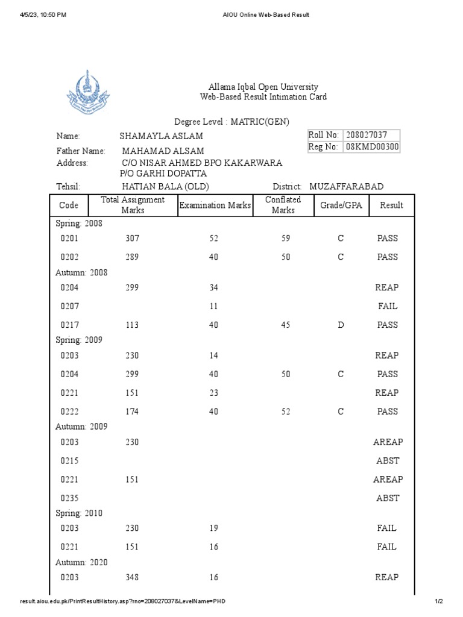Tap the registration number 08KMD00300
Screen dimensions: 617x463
371,147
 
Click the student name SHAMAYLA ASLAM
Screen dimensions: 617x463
161,137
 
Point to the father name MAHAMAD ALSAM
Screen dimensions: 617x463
163,151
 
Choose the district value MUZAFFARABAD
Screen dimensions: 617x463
346,187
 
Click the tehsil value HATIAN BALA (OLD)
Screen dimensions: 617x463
166,187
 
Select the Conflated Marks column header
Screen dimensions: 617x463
283,205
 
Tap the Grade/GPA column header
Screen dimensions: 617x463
341,205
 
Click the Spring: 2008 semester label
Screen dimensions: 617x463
79,224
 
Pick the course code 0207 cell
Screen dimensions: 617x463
69,306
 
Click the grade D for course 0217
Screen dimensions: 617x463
341,325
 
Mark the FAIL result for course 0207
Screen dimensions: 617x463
387,306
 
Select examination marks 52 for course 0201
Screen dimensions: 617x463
213,238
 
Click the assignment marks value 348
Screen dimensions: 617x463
131,577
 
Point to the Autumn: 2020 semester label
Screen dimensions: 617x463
81,562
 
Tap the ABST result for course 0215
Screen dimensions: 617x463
387,461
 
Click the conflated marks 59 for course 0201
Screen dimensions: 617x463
285,238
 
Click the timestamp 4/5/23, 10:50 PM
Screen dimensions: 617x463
43,14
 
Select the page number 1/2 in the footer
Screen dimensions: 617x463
438,601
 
